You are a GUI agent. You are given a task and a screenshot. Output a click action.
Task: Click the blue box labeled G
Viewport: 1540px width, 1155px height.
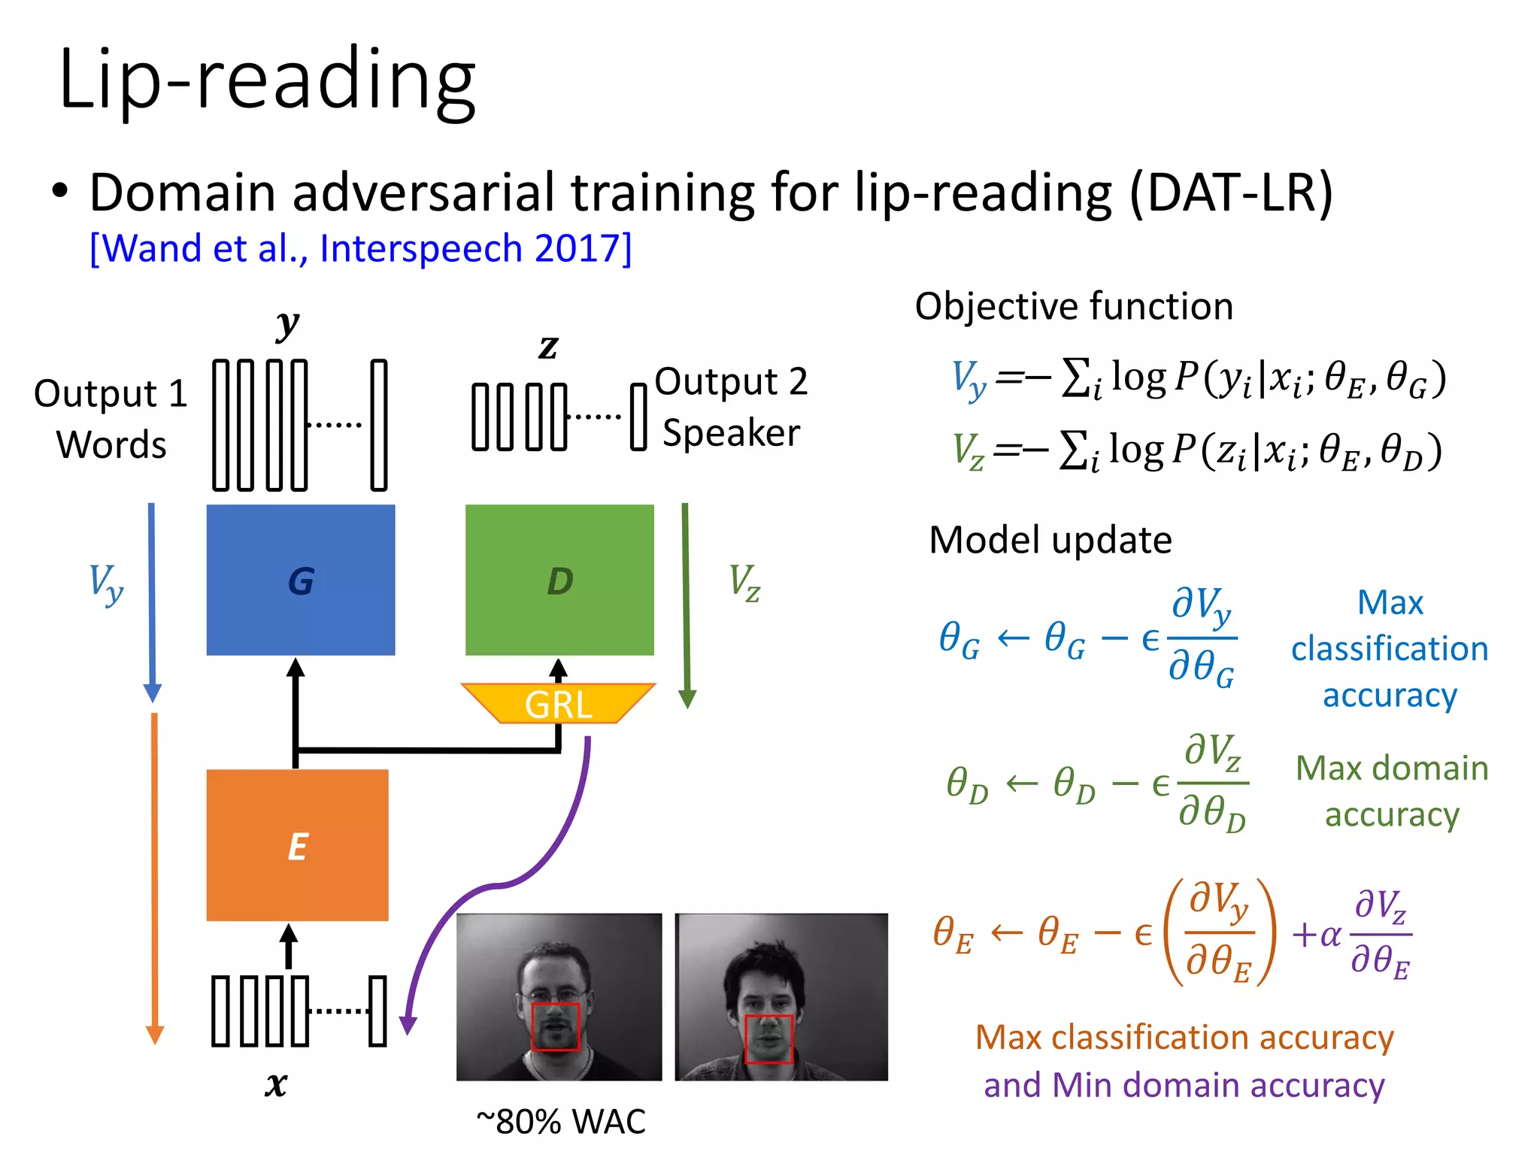[301, 580]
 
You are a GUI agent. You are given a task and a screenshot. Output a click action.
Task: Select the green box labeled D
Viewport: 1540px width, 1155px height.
[559, 580]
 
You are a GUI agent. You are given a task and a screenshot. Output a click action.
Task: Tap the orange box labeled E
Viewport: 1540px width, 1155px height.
[298, 845]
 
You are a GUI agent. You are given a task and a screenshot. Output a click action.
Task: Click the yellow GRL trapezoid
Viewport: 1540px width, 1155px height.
[558, 704]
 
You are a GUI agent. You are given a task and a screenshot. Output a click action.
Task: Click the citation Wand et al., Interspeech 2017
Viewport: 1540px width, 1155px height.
[360, 248]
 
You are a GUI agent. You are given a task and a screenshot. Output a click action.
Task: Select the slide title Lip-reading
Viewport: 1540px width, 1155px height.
[267, 79]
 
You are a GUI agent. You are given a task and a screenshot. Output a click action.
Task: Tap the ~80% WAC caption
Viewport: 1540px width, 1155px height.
[561, 1121]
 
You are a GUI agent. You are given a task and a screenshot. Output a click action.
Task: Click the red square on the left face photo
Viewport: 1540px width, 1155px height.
[556, 1026]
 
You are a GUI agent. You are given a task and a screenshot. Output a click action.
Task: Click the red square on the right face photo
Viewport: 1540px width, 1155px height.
[768, 1039]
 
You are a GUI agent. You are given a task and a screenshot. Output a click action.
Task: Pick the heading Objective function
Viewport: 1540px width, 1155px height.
[1074, 306]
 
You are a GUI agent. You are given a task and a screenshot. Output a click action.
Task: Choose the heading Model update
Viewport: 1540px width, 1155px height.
[1050, 540]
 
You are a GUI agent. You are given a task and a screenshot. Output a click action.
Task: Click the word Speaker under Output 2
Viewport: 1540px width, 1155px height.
[731, 433]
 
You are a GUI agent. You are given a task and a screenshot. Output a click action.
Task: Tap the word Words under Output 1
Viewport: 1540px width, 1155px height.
[111, 444]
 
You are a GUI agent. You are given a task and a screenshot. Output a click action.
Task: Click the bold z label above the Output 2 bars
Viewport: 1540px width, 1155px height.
[548, 346]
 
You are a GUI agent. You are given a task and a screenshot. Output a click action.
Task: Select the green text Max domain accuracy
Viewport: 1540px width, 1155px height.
[1391, 791]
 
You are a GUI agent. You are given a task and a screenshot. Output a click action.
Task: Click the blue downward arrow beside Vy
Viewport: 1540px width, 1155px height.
[152, 602]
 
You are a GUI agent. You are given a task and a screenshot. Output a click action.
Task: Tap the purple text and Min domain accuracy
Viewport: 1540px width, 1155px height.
[1184, 1085]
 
